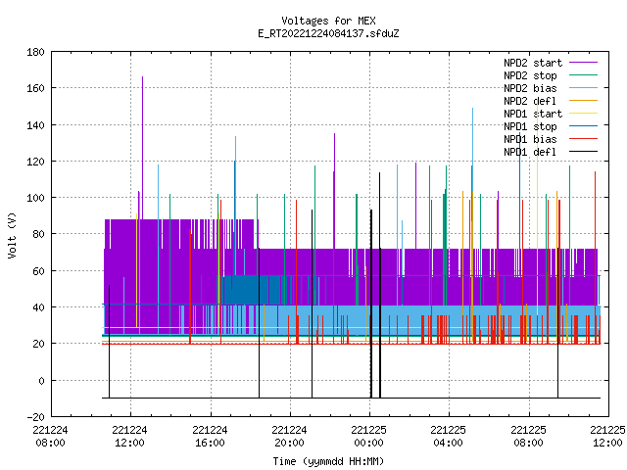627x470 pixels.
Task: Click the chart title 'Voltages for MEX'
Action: tap(328, 21)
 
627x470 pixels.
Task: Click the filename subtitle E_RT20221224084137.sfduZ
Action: tap(328, 33)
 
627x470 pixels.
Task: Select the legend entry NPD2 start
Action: tap(533, 63)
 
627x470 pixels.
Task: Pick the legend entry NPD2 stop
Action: tap(530, 75)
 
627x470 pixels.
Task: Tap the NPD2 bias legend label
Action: tap(530, 88)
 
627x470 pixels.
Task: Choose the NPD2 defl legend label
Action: tap(530, 101)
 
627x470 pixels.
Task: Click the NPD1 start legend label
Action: tap(533, 114)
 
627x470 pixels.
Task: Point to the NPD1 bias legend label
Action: tap(530, 139)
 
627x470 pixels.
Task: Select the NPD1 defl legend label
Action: tap(530, 152)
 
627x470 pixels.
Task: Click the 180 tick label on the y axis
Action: tap(35, 52)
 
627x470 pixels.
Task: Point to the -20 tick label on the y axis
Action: tap(35, 417)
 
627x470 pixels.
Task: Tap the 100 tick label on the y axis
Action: tap(35, 198)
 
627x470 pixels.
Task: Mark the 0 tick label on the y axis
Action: tap(41, 381)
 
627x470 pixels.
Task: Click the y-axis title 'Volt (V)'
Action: tap(12, 235)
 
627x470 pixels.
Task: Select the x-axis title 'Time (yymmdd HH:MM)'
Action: tap(328, 461)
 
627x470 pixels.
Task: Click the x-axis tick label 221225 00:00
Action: tap(368, 437)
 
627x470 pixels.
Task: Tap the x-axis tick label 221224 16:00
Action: tap(210, 437)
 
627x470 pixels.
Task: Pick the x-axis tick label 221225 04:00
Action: tap(449, 437)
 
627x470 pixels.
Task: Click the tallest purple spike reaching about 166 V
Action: tap(142, 148)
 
